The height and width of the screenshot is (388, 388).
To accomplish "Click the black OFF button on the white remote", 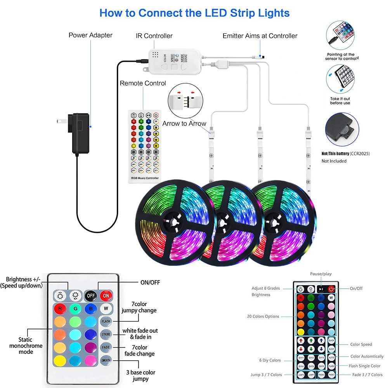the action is coord(91,295).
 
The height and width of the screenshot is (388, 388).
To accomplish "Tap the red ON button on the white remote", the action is coord(106,295).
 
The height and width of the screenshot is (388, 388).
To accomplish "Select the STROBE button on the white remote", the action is coord(106,334).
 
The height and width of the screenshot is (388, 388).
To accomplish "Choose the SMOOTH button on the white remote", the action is coord(106,360).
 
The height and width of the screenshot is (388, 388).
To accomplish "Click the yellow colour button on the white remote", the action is coord(60,360).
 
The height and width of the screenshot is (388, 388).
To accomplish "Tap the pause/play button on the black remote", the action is coord(321,289).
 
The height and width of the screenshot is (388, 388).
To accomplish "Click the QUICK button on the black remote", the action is coord(331,340).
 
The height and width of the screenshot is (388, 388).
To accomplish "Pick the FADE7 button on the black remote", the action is coord(331,375).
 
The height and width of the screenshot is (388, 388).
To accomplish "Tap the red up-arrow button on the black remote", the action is coord(301,340).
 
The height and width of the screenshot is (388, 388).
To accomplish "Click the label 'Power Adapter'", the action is coord(90,35).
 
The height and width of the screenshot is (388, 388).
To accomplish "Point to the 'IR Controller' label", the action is coord(154,36).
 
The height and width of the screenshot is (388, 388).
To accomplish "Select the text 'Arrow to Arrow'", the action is coord(184,124).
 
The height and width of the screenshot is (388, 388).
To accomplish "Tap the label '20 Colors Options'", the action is coord(263,317).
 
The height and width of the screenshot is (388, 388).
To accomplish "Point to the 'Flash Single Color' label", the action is coord(365,366).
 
